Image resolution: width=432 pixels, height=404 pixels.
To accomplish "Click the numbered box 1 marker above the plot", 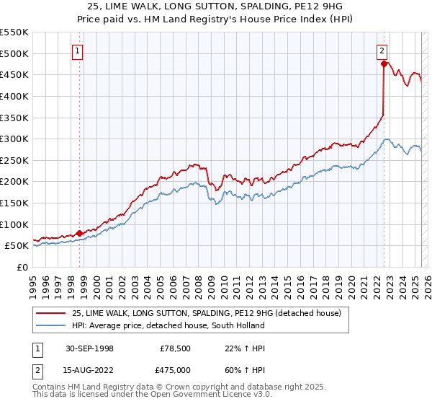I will point(77,50).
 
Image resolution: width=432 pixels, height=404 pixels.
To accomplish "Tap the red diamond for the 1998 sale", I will point(80,233).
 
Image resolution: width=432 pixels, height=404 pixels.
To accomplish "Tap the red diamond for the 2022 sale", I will point(384,64).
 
